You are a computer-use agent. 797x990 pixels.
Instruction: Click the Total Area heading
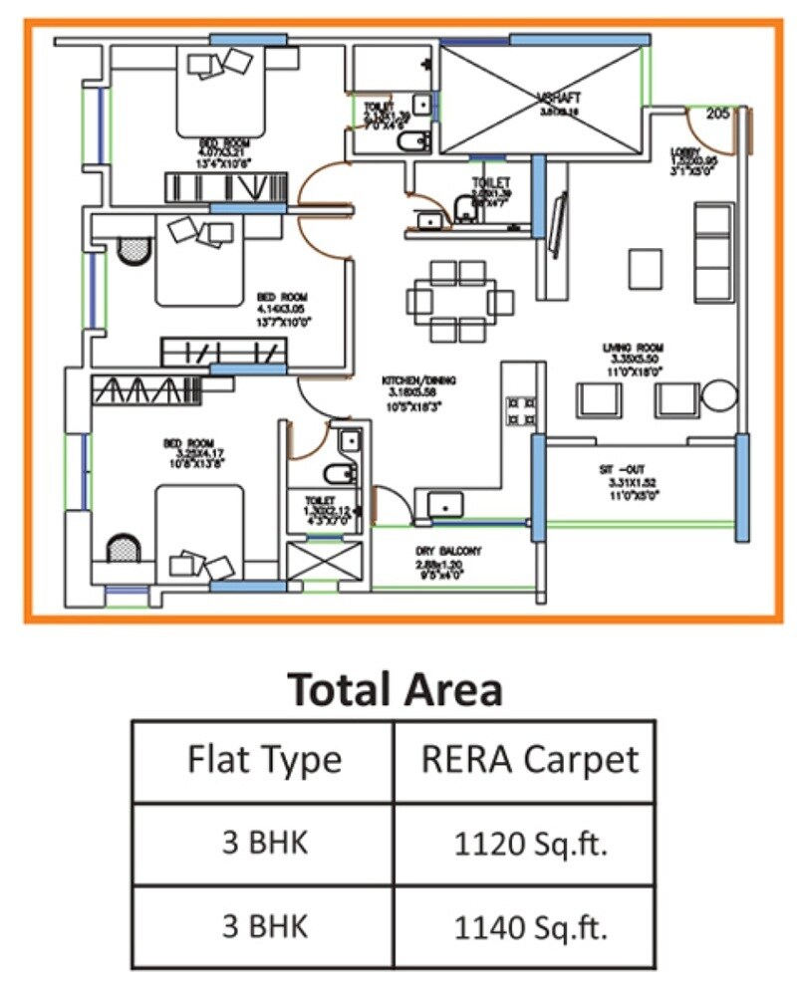click(x=395, y=689)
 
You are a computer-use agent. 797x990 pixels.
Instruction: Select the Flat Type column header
click(x=264, y=760)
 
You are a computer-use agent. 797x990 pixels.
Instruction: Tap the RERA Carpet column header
click(x=529, y=760)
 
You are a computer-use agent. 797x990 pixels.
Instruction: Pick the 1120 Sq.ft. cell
click(x=530, y=846)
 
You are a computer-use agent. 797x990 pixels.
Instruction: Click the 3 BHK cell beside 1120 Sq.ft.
click(x=264, y=845)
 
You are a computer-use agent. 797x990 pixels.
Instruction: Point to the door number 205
click(x=717, y=114)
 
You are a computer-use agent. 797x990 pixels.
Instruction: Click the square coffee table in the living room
click(x=645, y=267)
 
